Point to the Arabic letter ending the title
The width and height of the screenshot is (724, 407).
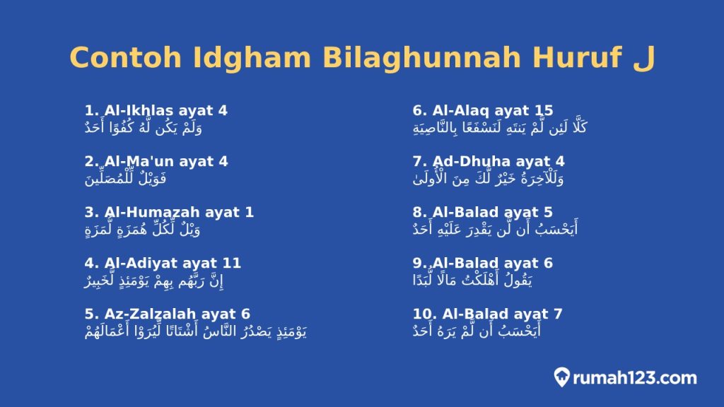[x=641, y=58]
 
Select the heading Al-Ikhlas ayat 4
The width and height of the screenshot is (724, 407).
[x=156, y=110]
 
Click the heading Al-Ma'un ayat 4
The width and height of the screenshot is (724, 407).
[x=156, y=161]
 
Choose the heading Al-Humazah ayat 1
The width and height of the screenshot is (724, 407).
[x=169, y=212]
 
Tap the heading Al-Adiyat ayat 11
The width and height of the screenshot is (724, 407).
[x=163, y=263]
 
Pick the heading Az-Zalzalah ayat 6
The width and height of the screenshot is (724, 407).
[x=168, y=314]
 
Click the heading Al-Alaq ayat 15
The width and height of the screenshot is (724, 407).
[x=483, y=110]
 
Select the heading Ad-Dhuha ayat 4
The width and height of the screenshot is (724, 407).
[x=489, y=161]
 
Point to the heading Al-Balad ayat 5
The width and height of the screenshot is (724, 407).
[x=483, y=212]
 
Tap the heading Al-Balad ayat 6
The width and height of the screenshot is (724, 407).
[x=483, y=263]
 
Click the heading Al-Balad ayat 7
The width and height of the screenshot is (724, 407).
[x=487, y=314]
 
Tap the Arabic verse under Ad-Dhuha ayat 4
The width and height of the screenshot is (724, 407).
[x=489, y=178]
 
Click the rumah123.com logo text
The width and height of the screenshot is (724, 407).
[x=635, y=378]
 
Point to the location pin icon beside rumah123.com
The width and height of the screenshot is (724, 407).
[x=562, y=377]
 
